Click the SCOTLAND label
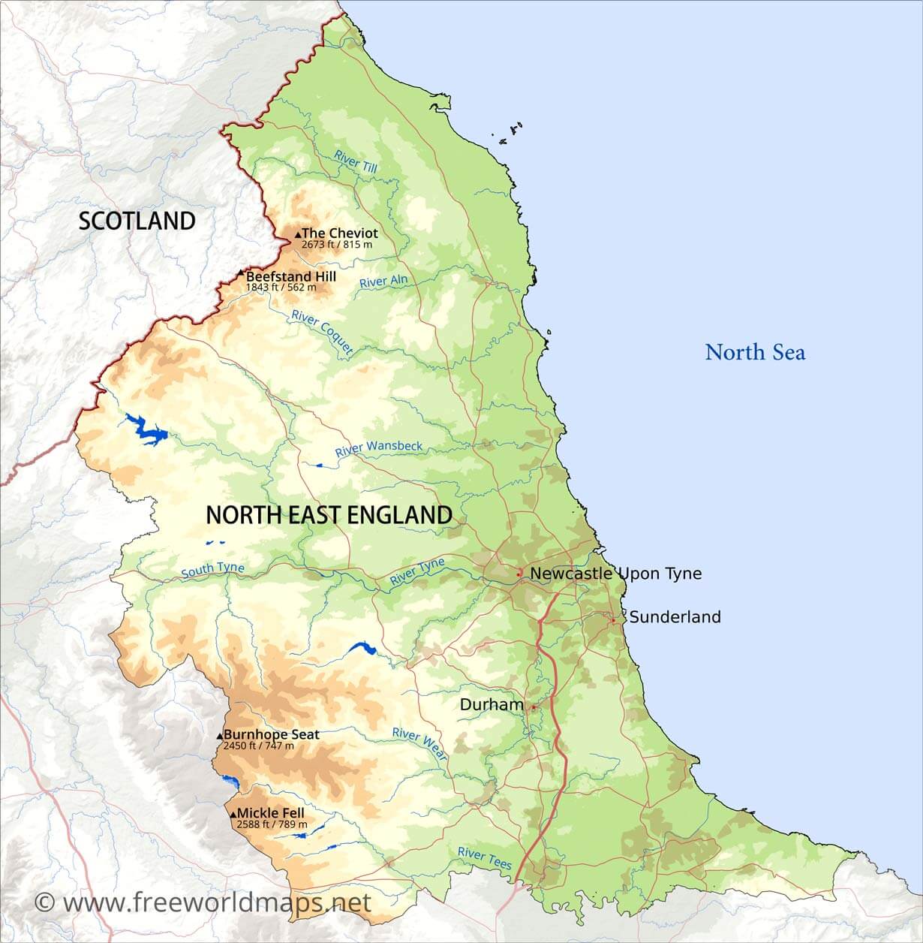137,221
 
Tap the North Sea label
755,352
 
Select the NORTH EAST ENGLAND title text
329,515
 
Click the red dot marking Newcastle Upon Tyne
519,573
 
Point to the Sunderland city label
674,617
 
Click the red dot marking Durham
533,707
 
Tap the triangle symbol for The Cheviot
298,235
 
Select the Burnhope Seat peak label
271,734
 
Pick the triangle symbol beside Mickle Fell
233,814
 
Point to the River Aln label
383,282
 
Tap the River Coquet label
322,331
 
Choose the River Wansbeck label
378,448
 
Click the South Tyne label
212,570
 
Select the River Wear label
419,743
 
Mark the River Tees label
485,857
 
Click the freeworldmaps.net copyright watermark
203,902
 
